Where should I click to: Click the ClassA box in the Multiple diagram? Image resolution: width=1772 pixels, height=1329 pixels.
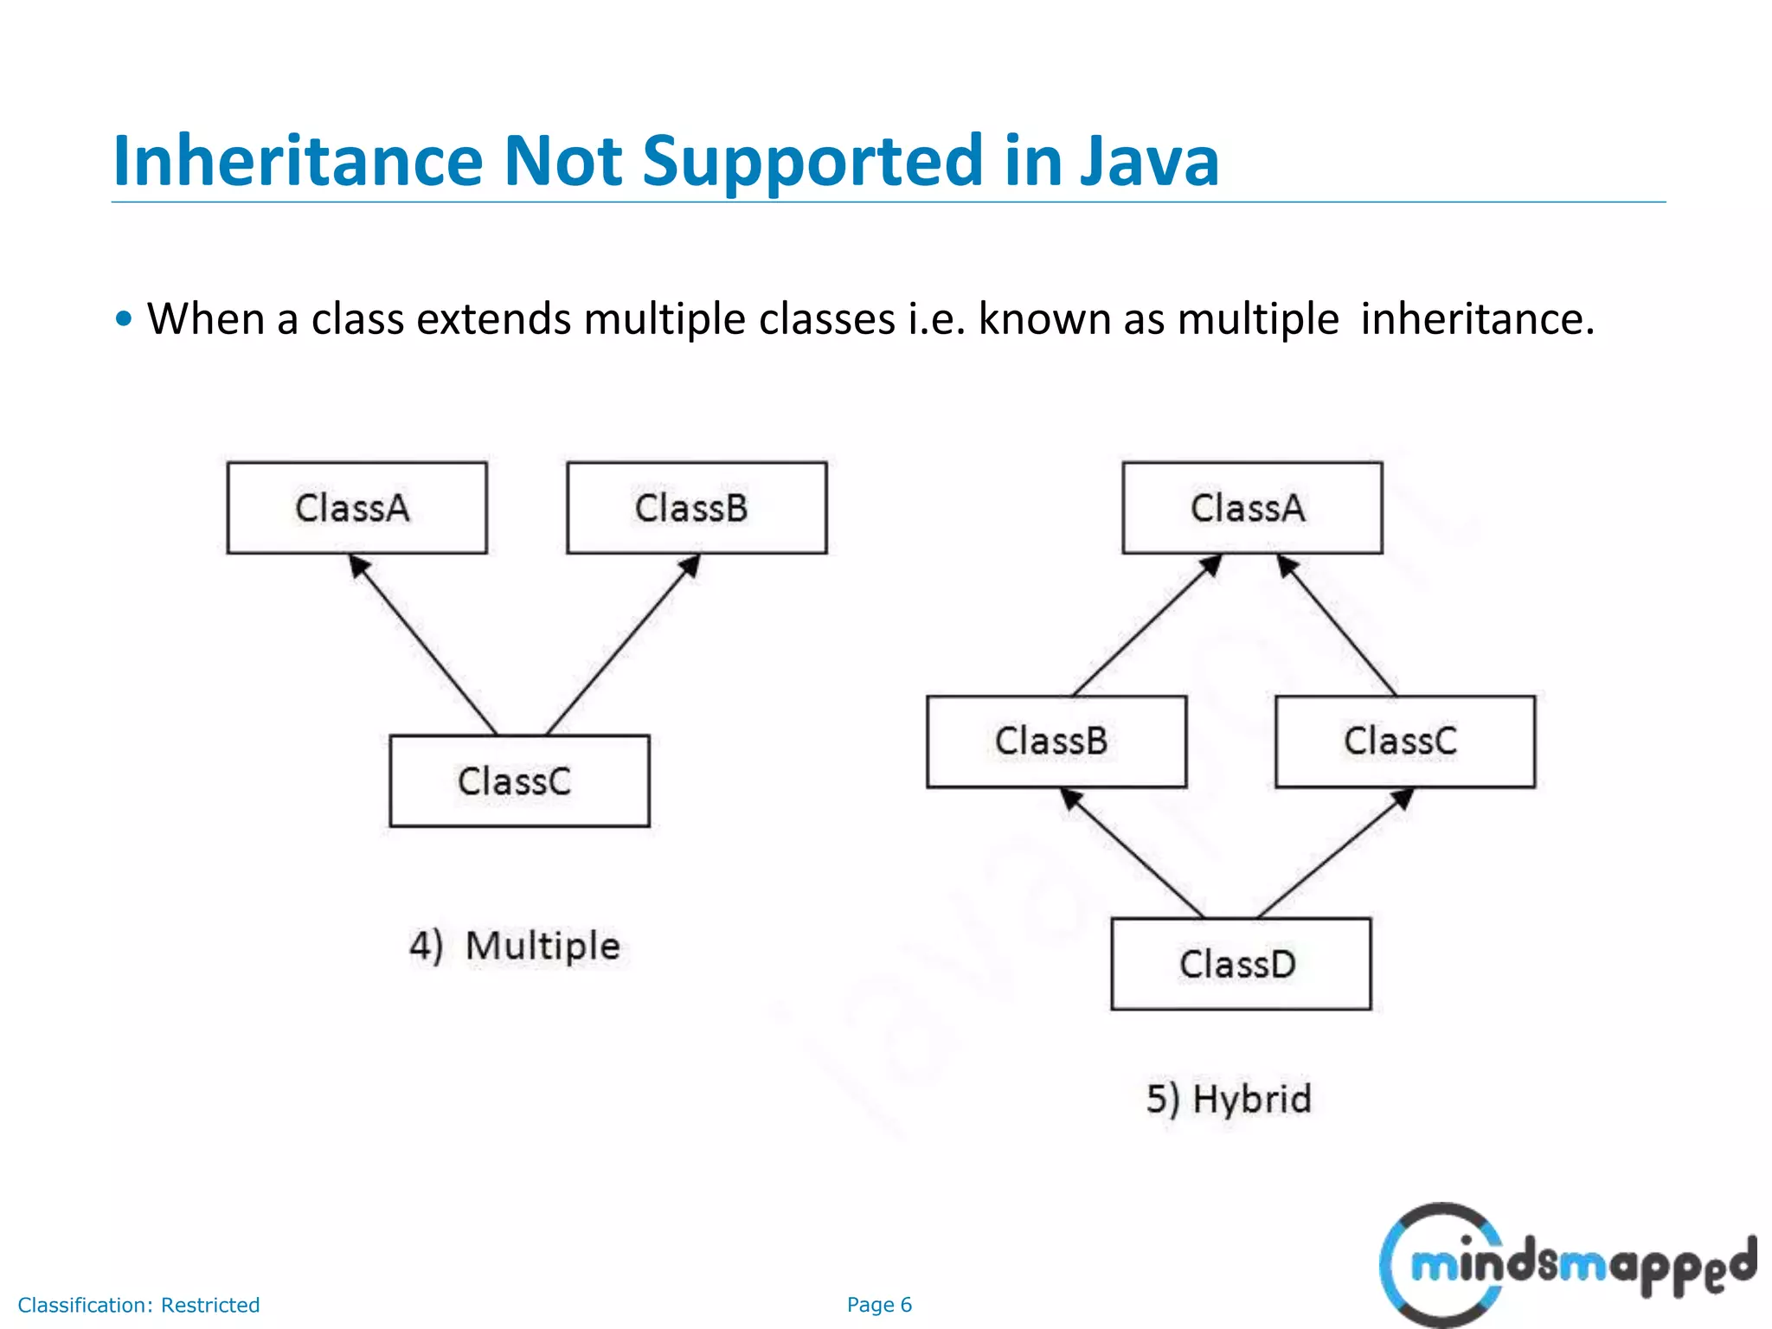click(x=356, y=508)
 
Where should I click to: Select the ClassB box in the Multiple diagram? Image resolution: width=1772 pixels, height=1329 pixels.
click(x=697, y=508)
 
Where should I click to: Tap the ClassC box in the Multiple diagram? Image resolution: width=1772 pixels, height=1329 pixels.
click(x=519, y=781)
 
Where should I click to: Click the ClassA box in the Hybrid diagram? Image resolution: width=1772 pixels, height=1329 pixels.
click(x=1252, y=508)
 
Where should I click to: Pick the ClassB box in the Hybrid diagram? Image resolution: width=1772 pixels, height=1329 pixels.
click(x=1056, y=742)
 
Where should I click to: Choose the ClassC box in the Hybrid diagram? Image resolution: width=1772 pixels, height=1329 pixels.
click(x=1405, y=742)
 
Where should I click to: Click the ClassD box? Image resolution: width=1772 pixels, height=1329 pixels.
click(x=1241, y=964)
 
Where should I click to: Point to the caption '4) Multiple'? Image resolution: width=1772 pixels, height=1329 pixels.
click(x=515, y=946)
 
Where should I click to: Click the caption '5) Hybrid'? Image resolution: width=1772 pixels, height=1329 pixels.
click(x=1229, y=1100)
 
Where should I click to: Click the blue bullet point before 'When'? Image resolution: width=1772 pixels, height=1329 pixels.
click(x=125, y=318)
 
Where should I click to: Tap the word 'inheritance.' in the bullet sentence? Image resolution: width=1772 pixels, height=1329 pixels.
click(x=1477, y=318)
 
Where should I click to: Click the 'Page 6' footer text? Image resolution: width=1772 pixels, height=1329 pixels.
click(x=879, y=1305)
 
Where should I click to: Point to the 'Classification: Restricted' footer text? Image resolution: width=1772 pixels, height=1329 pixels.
click(x=138, y=1305)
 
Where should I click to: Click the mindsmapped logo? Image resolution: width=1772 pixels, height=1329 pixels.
click(x=1566, y=1265)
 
